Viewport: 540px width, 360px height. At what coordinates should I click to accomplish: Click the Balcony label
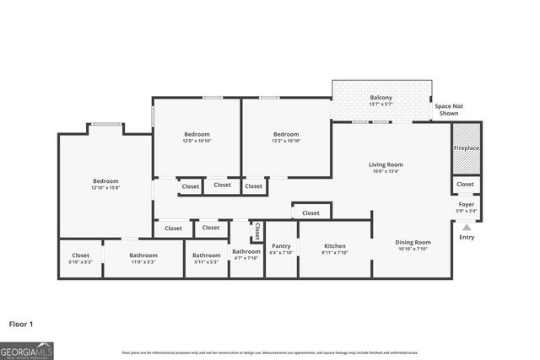[x=381, y=98]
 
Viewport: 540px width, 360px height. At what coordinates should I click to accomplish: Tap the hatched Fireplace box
[x=465, y=148]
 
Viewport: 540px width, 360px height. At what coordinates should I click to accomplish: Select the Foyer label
[x=466, y=204]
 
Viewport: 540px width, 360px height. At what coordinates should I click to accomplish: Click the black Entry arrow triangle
[x=466, y=225]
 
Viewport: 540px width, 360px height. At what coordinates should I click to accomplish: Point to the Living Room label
[x=386, y=164]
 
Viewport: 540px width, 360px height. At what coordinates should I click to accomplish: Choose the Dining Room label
[x=413, y=243]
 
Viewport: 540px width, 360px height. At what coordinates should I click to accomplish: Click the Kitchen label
[x=334, y=246]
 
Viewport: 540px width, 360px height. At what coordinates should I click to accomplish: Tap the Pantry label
[x=281, y=246]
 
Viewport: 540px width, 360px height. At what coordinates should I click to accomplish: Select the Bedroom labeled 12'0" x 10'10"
[x=197, y=134]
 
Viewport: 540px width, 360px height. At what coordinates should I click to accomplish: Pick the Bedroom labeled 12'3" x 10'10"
[x=286, y=134]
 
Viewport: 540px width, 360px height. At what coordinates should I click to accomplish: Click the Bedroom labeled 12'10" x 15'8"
[x=105, y=181]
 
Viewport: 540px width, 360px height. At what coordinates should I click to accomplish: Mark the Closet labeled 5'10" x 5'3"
[x=80, y=255]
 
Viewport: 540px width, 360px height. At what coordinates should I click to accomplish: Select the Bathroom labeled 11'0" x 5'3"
[x=143, y=255]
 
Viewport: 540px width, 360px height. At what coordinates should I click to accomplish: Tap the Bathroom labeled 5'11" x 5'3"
[x=206, y=255]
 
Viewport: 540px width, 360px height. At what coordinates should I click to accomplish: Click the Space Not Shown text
[x=449, y=110]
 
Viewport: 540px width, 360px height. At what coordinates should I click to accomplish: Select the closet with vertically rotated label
[x=257, y=231]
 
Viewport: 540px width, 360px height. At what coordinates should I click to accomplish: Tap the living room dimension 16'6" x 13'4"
[x=386, y=171]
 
